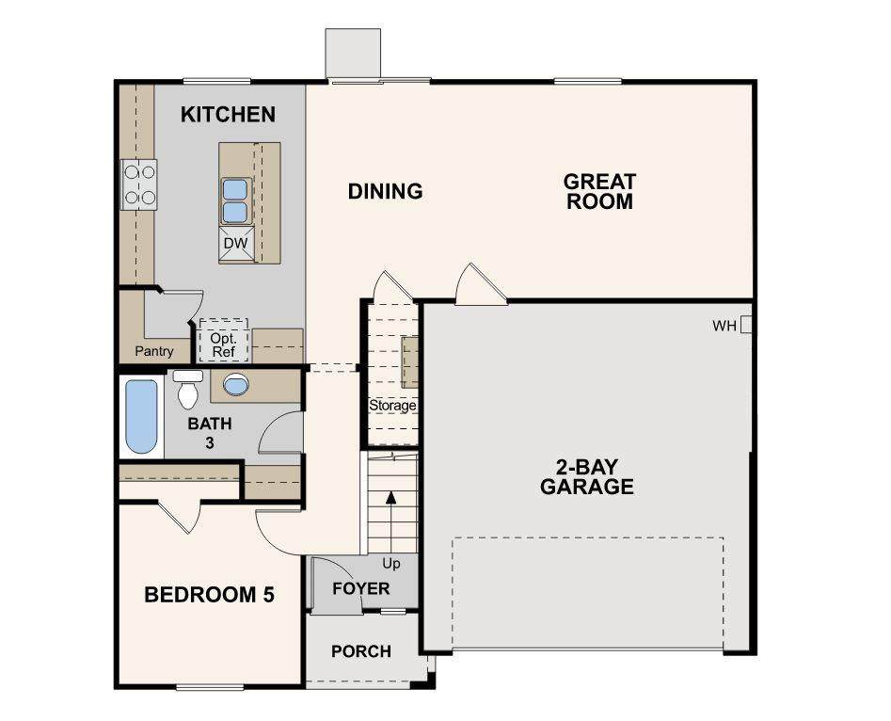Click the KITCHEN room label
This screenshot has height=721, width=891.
[x=228, y=114]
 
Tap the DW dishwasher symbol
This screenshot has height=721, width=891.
[x=236, y=244]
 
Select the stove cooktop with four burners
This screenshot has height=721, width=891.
[x=139, y=184]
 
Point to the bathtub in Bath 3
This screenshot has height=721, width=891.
[x=141, y=417]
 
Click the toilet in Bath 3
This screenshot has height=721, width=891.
[x=187, y=389]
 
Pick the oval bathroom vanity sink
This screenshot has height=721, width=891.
[x=236, y=384]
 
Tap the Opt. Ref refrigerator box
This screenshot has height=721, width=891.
[x=223, y=340]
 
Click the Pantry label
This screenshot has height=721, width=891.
[x=154, y=351]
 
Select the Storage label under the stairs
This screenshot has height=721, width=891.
[x=392, y=406]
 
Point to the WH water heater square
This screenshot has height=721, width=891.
[x=746, y=325]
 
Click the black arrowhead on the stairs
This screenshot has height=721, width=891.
[x=391, y=496]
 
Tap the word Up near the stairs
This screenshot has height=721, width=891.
[x=391, y=564]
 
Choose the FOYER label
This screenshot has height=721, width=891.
[x=361, y=588]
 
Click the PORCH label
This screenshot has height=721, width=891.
[x=361, y=651]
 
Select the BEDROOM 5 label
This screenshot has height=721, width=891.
[x=209, y=595]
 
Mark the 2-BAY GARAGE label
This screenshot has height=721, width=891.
[x=587, y=477]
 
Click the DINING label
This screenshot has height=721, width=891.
[x=385, y=192]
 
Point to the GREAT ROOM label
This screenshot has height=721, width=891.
[x=599, y=192]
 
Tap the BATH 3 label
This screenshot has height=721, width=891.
[x=210, y=433]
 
